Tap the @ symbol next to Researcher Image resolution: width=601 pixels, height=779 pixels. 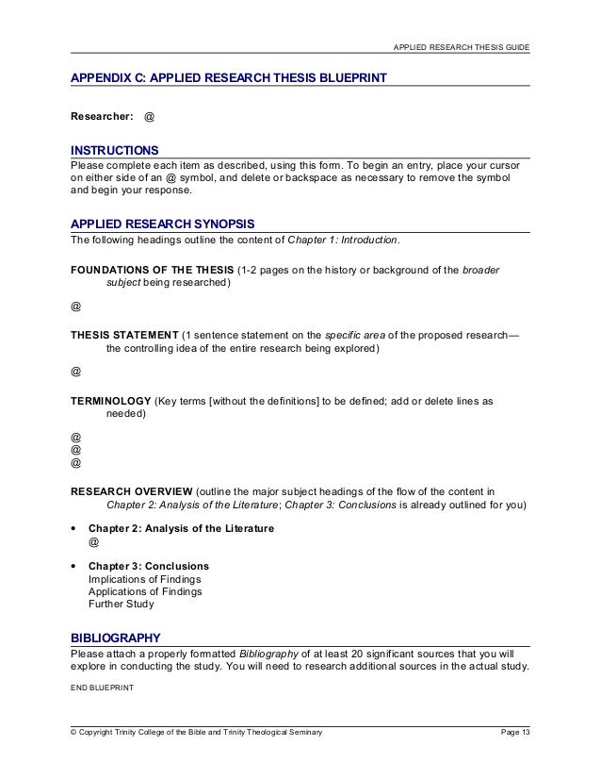point(150,119)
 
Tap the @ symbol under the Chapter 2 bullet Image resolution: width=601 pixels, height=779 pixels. point(92,544)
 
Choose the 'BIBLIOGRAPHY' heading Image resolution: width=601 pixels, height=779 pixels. point(118,636)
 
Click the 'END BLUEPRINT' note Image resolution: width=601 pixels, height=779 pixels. point(103,688)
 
